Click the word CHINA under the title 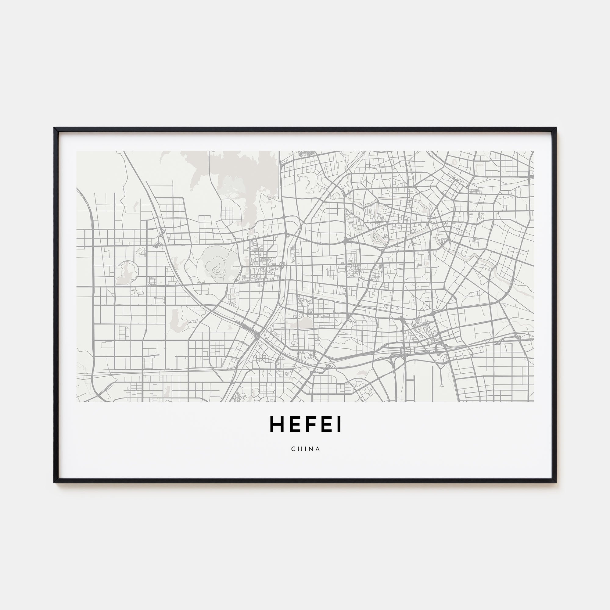[305, 449]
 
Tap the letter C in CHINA [293, 449]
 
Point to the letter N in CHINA [312, 449]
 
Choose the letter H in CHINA [300, 449]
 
